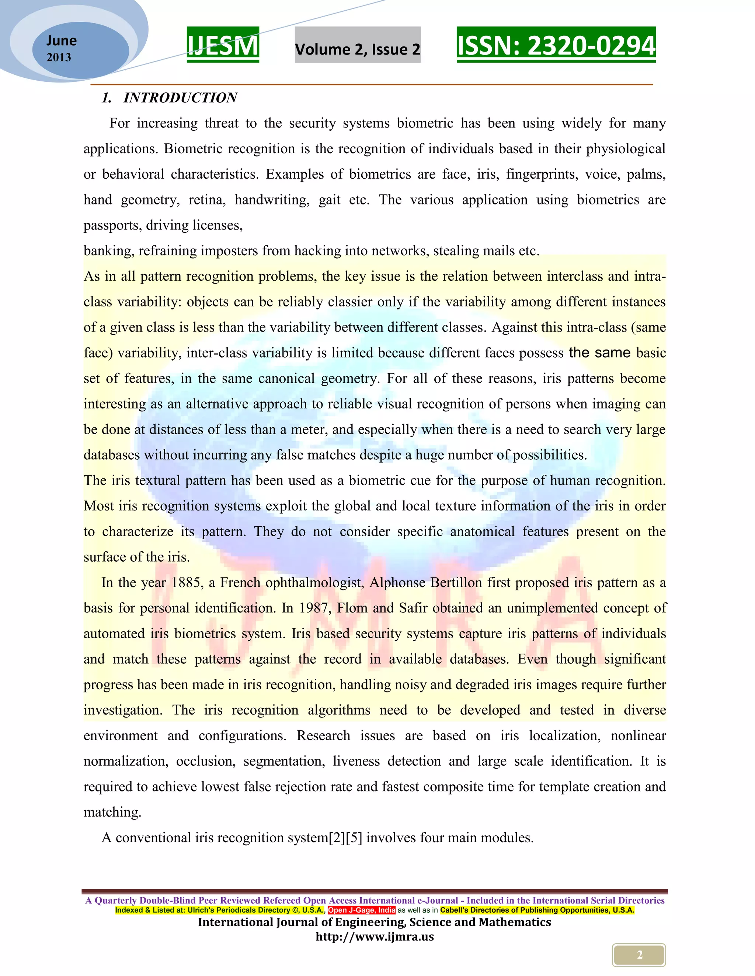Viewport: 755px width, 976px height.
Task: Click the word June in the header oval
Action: coord(61,41)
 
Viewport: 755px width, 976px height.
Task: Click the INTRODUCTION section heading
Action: coord(180,98)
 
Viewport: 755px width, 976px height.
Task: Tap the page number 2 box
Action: coord(639,955)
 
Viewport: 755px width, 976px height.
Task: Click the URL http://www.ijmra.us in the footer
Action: coord(375,937)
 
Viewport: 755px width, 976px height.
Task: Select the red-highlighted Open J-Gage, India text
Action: coord(361,910)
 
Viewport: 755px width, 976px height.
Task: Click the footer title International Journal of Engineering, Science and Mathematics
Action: coord(375,922)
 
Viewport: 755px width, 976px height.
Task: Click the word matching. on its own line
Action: coord(112,812)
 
